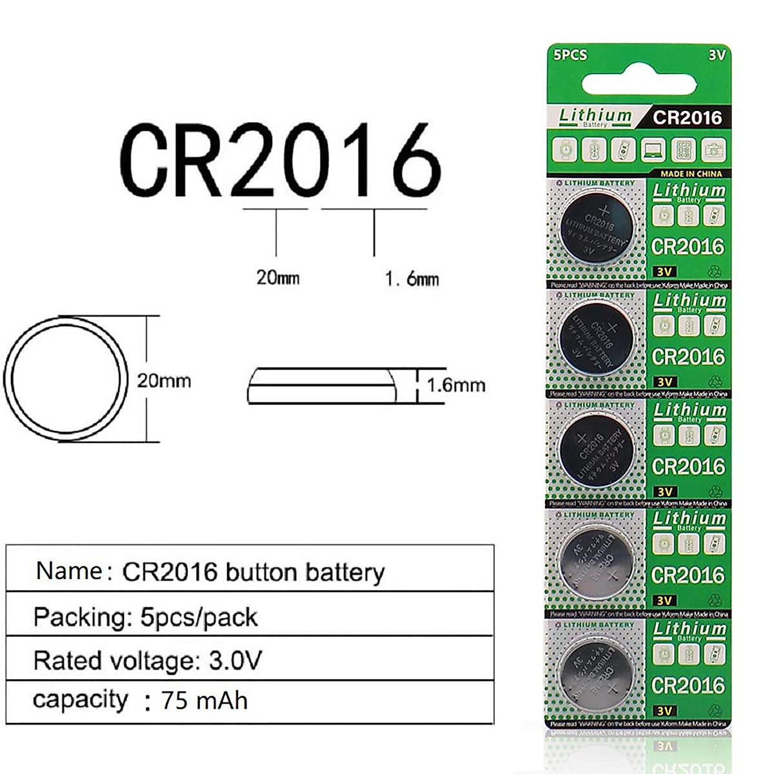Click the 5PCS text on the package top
[570, 55]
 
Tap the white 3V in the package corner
[717, 55]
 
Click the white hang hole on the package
[639, 84]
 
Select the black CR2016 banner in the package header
[687, 117]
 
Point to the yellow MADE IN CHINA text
[691, 174]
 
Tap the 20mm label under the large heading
[278, 277]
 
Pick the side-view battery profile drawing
[322, 386]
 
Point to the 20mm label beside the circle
[164, 381]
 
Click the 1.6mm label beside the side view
[455, 385]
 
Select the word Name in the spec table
[68, 571]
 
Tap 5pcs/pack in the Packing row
[199, 617]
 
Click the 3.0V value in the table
[235, 660]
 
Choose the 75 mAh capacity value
[204, 700]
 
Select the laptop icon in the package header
[653, 150]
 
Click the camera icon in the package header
[713, 150]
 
